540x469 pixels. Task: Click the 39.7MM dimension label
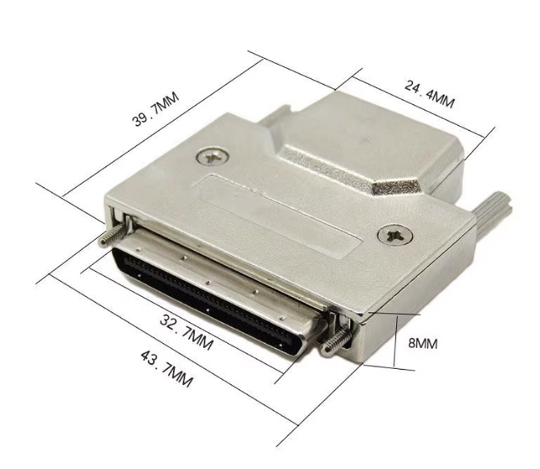(156, 109)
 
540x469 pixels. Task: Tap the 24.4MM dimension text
(429, 94)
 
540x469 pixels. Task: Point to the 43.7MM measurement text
(166, 368)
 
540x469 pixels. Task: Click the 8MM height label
(423, 343)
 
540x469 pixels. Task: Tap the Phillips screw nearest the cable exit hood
(212, 157)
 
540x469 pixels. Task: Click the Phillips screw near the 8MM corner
(395, 235)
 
